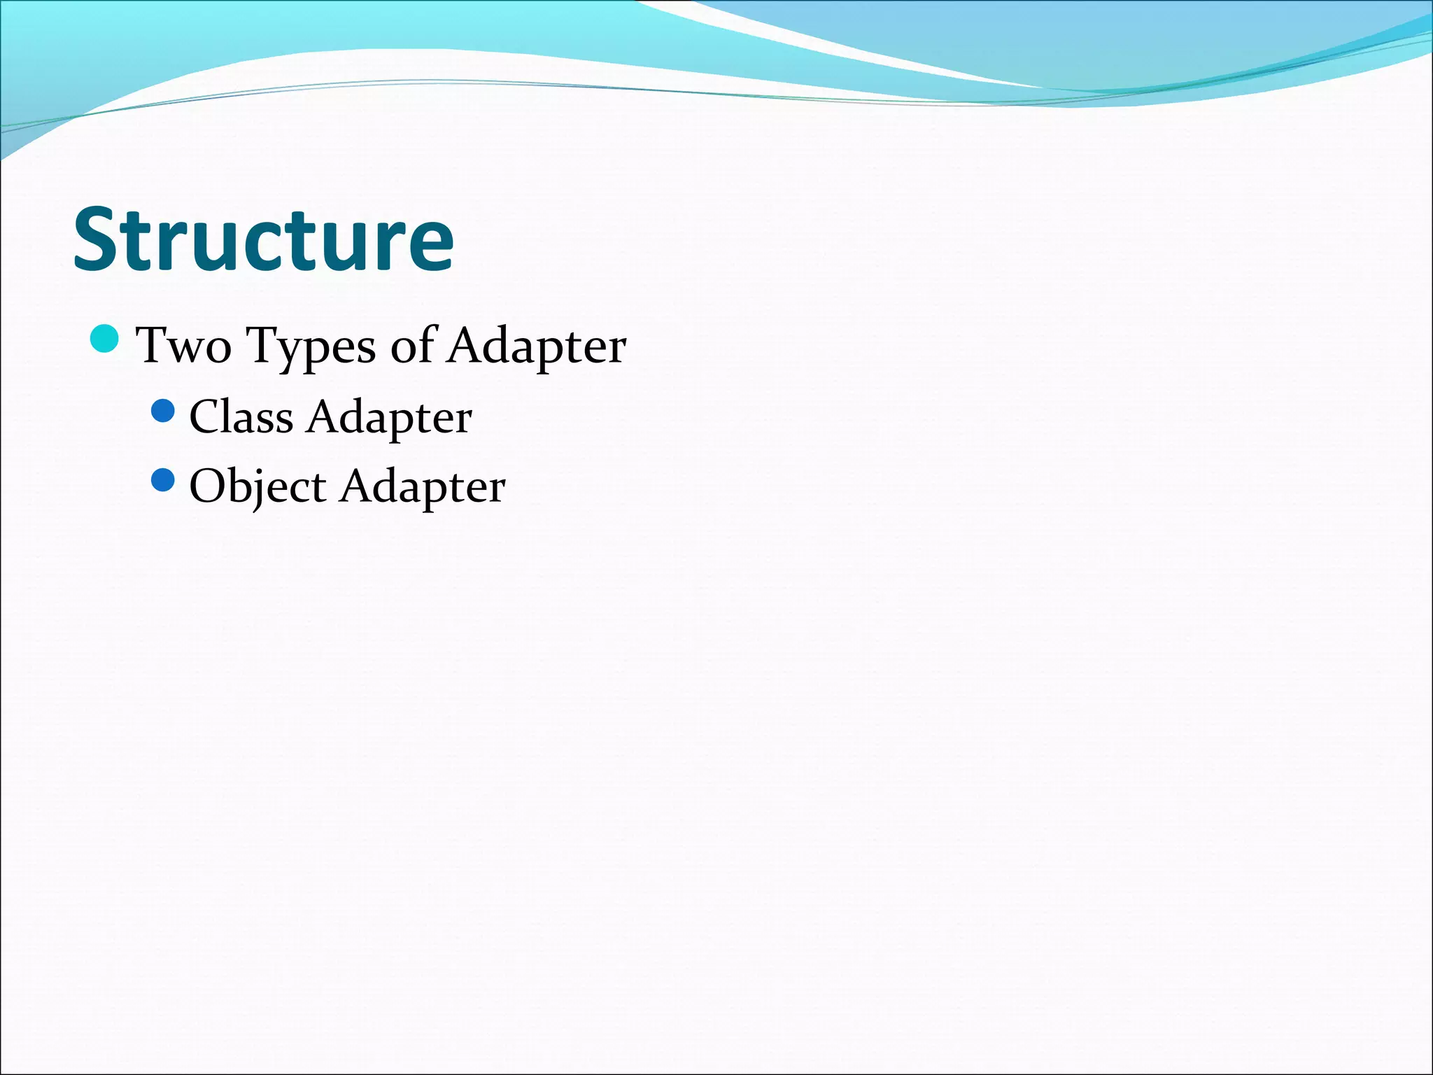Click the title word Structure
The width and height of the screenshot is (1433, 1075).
264,239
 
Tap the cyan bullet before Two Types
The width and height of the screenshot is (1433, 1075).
105,339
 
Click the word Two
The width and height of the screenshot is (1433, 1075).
183,345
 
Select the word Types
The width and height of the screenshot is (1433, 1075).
312,346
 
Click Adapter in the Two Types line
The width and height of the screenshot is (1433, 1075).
537,346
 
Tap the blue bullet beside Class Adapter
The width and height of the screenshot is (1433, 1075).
162,411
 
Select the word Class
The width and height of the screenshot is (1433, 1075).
241,417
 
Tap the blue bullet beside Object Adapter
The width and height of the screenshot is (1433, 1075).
162,480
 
